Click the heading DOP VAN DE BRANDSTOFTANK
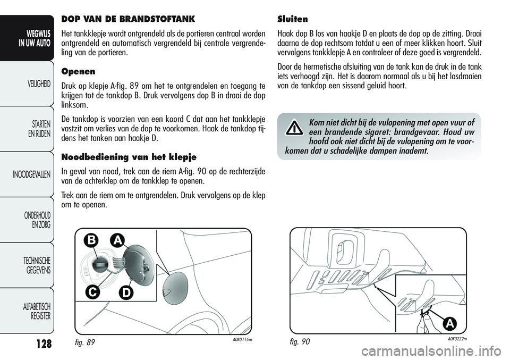click(129, 19)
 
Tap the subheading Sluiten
click(293, 19)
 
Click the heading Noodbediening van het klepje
click(129, 157)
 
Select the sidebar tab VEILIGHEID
click(35, 84)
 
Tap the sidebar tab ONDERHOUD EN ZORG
click(35, 220)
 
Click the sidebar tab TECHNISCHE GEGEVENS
click(35, 265)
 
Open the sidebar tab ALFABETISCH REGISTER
click(35, 311)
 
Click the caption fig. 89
click(81, 343)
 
